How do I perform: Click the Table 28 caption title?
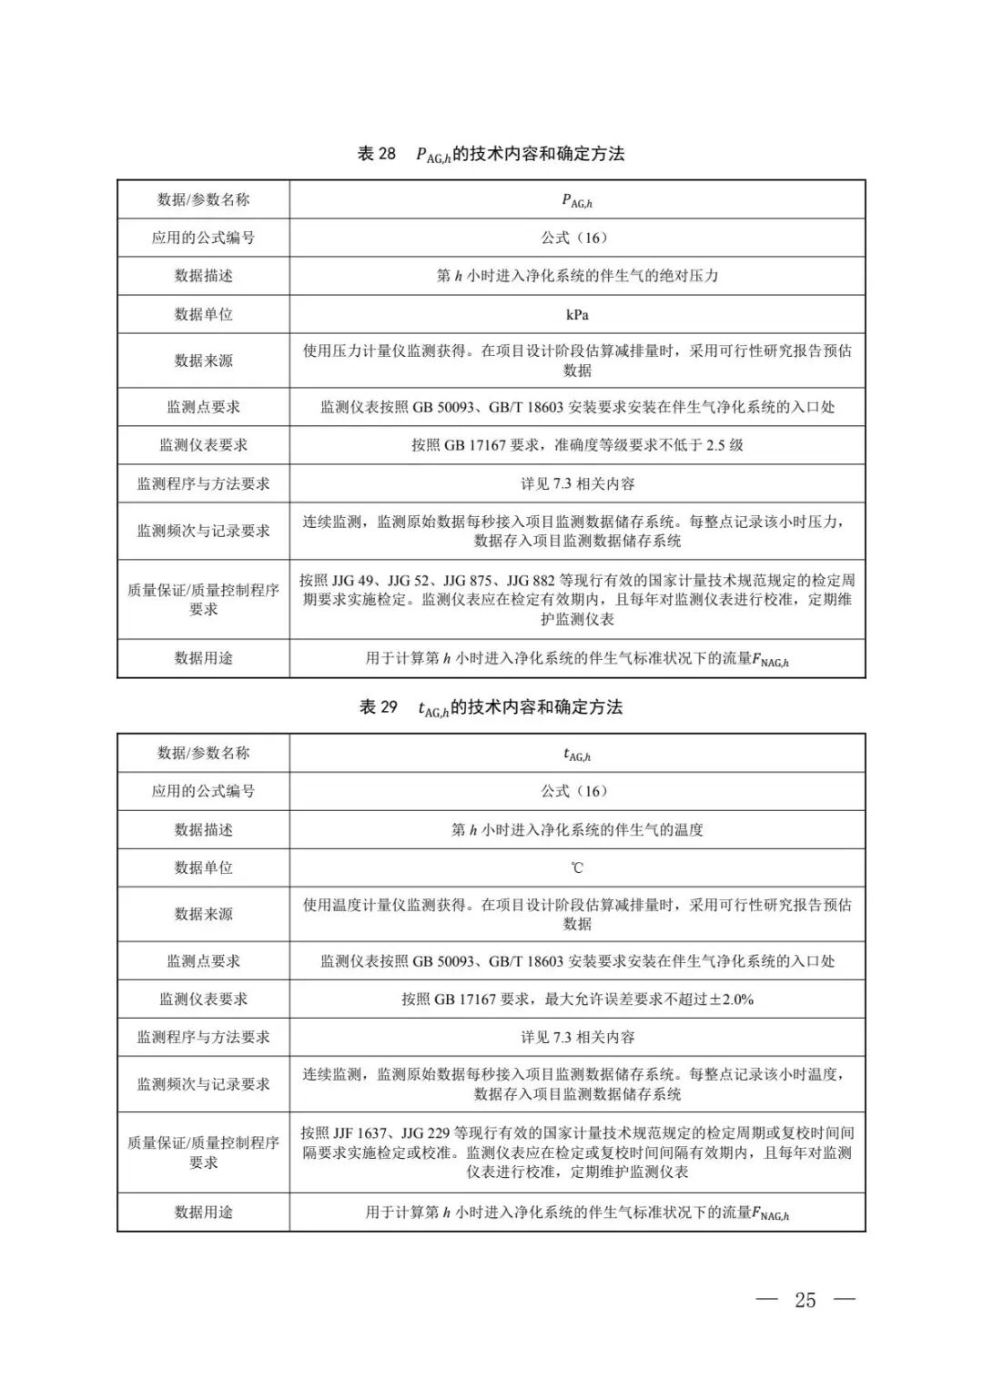coord(491,154)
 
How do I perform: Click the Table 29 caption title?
coord(491,707)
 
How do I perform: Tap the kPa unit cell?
coord(577,314)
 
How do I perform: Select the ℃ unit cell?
coord(577,867)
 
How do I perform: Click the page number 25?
coord(805,1300)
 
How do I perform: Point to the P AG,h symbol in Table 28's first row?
coord(577,200)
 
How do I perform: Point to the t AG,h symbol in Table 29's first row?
coord(577,754)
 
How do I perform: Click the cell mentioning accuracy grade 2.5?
coord(577,445)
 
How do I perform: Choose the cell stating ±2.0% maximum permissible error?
coord(577,999)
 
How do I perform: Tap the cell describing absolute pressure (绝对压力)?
coord(577,276)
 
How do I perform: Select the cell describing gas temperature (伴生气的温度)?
coord(577,829)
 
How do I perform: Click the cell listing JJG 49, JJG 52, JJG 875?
coord(577,599)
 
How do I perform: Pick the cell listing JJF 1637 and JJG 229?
coord(577,1152)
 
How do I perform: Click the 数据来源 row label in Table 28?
coord(203,360)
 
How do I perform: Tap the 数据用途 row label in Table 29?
coord(203,1212)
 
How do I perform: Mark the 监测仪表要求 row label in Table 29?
coord(203,999)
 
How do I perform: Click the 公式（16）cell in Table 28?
coord(577,238)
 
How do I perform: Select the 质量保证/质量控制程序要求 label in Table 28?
coord(203,599)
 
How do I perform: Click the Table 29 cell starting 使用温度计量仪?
coord(577,914)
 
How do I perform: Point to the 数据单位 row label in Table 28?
coord(203,314)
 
